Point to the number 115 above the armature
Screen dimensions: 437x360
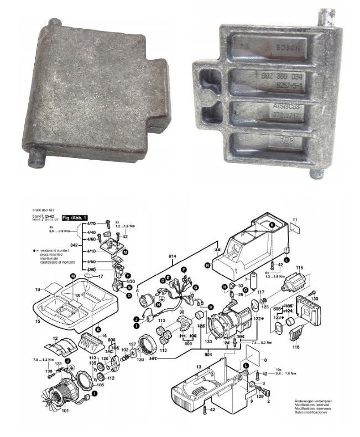(x=300, y=268)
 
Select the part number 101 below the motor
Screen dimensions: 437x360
(x=66, y=410)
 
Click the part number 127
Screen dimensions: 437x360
(x=132, y=344)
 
